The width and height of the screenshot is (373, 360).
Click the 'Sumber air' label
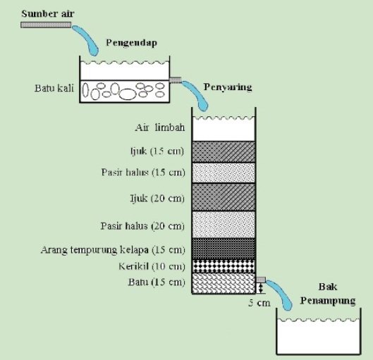48,13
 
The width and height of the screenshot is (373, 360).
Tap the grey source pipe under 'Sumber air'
46,25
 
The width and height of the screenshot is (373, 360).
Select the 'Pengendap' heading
132,43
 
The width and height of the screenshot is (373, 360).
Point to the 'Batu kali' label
54,88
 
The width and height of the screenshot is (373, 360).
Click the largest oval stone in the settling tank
128,94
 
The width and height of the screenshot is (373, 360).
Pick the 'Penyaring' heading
228,87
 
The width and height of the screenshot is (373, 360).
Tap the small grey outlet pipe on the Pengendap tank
176,80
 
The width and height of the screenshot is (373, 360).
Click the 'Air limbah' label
160,128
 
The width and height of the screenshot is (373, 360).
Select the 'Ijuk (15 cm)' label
157,151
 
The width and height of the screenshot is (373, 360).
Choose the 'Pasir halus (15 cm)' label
143,173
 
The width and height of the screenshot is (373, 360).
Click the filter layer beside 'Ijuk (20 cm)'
224,197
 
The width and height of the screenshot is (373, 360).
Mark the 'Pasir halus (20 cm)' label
142,225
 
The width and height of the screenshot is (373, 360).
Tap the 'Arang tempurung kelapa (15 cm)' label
113,249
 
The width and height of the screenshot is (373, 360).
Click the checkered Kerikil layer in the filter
224,266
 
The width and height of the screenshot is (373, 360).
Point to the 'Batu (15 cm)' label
157,282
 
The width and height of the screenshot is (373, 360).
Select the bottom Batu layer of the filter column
224,283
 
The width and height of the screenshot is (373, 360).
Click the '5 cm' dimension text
259,303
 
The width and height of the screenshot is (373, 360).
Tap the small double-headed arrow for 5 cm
261,288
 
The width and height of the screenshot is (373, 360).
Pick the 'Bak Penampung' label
328,294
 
